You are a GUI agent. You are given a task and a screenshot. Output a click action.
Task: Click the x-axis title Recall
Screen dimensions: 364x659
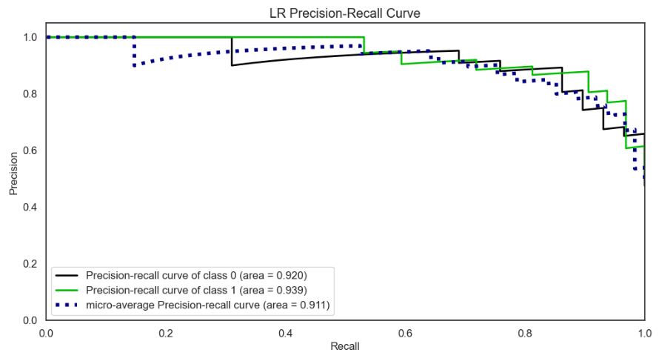coord(344,346)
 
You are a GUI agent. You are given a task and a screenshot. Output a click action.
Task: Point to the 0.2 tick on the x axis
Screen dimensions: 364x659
coord(165,332)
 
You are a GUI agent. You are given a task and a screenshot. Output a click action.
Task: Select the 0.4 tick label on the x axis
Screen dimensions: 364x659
coord(285,332)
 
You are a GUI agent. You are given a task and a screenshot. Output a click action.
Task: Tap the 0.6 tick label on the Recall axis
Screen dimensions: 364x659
coord(404,332)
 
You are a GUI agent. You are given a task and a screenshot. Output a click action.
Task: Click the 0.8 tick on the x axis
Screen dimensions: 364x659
coord(524,332)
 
